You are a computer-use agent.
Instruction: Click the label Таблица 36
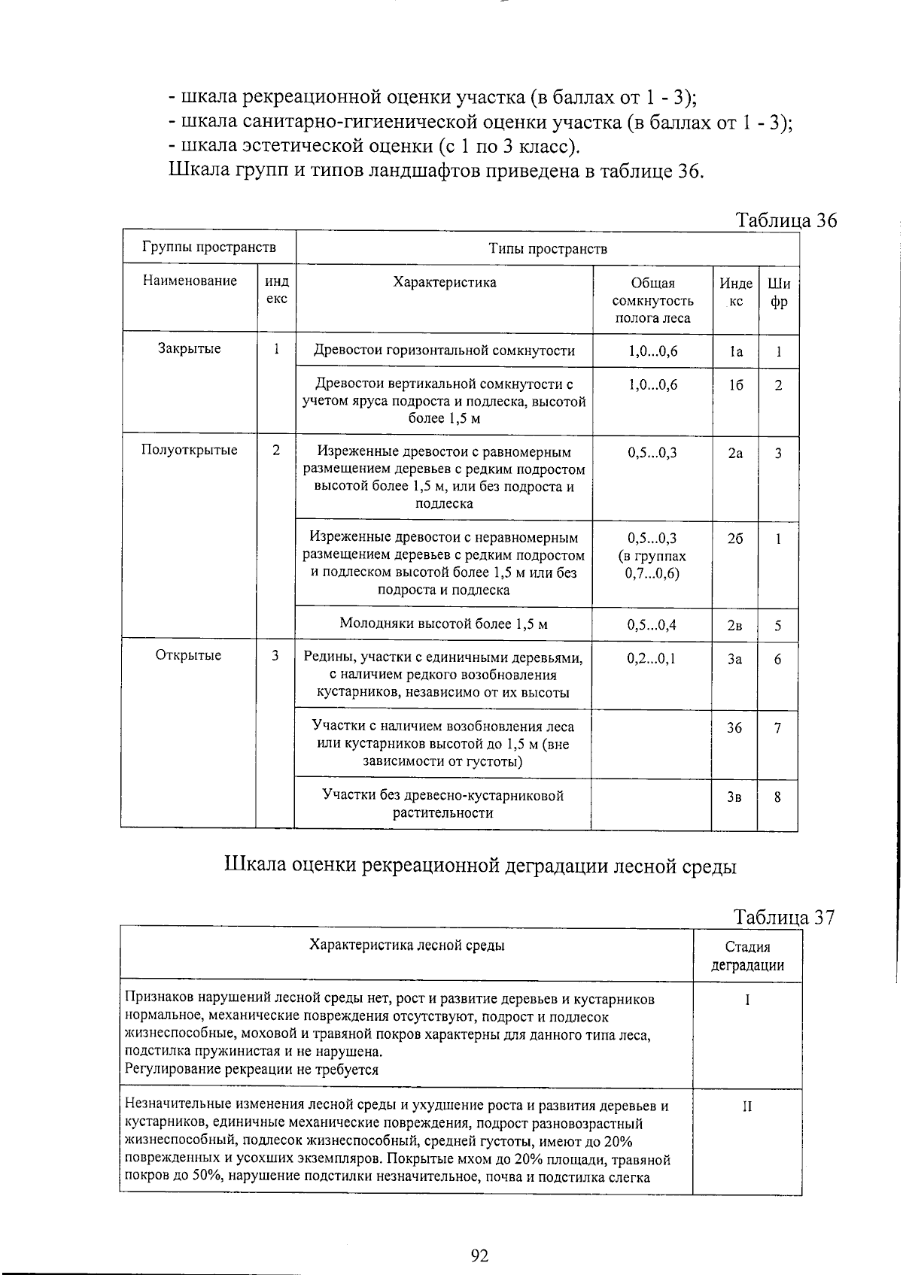786,220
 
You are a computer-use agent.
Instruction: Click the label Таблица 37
784,917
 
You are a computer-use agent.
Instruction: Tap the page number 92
479,1255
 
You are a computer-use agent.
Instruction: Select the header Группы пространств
208,247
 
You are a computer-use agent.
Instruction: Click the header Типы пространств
547,249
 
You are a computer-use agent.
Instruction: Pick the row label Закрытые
189,349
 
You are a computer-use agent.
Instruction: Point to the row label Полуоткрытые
189,450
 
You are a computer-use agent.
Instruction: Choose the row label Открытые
188,655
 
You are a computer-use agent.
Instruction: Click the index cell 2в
734,625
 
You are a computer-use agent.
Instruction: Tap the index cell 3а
734,659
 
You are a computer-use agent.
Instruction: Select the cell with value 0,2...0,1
652,659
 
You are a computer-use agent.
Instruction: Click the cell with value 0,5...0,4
652,625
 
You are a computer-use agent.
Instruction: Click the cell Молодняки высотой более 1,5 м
443,624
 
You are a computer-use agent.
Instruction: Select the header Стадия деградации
747,956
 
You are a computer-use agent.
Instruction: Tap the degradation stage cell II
746,1107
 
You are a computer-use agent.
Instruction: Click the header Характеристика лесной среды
407,946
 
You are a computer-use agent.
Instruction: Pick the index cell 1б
735,385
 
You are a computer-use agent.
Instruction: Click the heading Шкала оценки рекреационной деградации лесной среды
480,866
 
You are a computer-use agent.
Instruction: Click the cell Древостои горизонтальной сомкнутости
444,351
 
